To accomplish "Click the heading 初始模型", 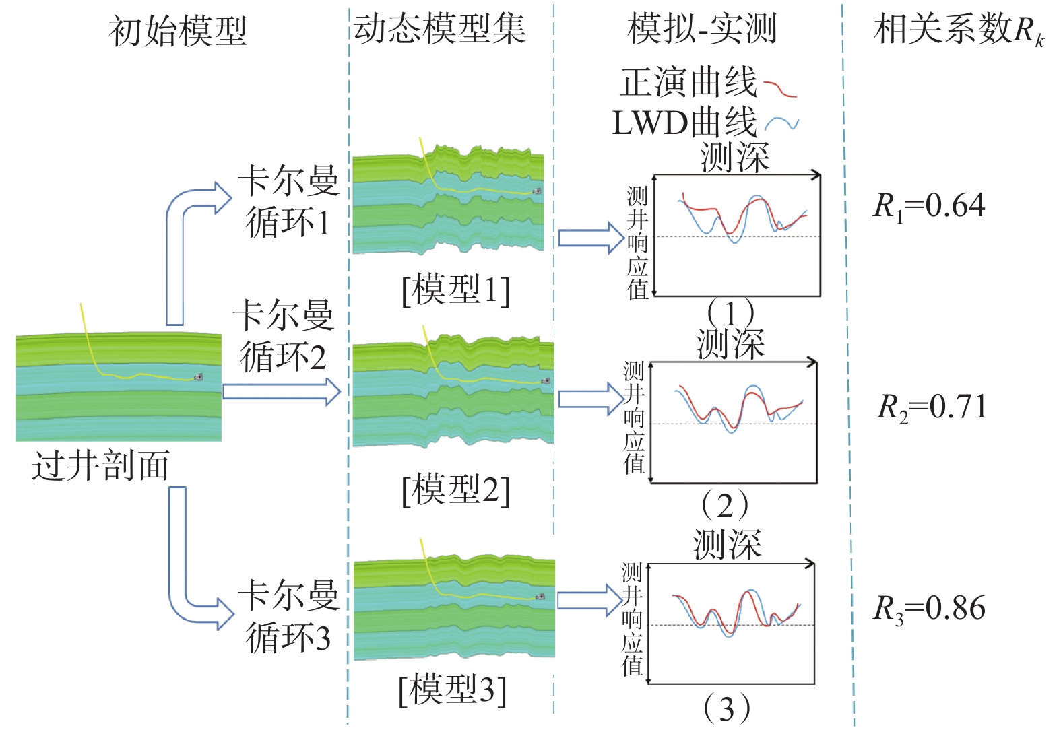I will [x=178, y=32].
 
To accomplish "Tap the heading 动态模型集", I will [x=439, y=30].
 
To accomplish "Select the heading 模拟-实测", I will [x=702, y=30].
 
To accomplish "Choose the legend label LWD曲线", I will [x=684, y=123].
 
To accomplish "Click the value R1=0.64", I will [x=929, y=205].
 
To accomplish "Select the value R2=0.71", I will [x=932, y=407].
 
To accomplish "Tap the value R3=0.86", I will [x=929, y=608].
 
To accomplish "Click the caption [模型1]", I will [x=456, y=290].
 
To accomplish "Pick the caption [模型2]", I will [x=456, y=490].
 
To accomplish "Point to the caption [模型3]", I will [x=453, y=690].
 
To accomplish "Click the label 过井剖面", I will [x=100, y=466].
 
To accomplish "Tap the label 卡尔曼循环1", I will [x=288, y=201].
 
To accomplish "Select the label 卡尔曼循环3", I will [x=288, y=616].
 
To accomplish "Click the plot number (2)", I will [x=725, y=505].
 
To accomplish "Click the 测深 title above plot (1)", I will [x=735, y=158].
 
